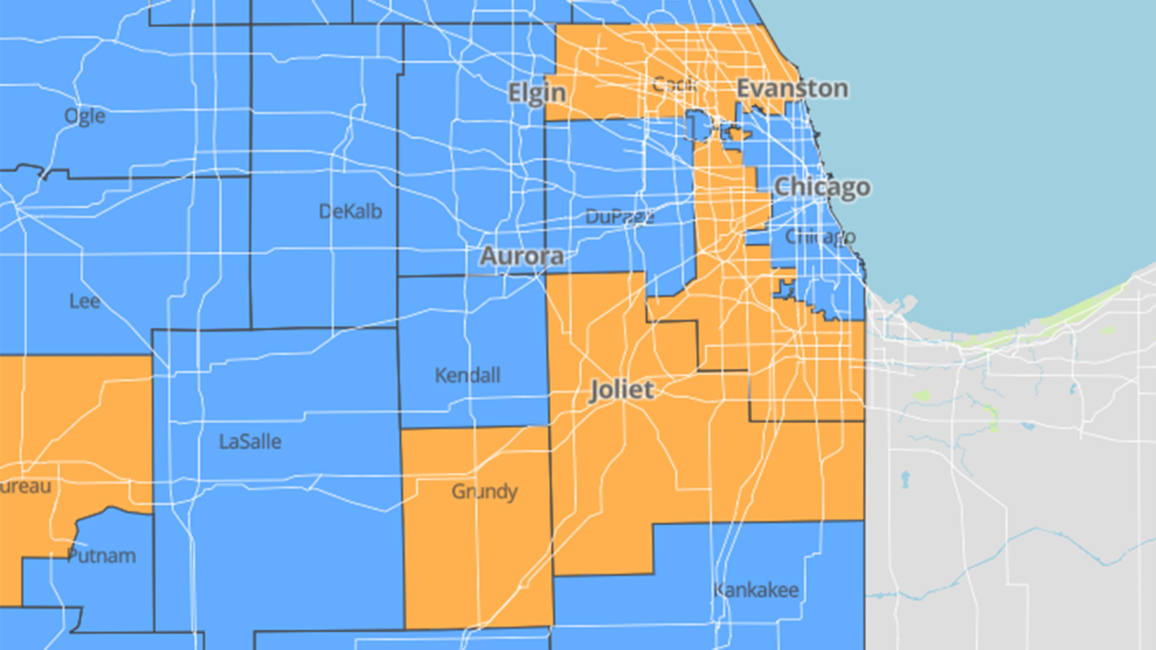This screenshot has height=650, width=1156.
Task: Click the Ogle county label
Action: coord(85,116)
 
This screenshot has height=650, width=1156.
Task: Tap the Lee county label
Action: coord(85,301)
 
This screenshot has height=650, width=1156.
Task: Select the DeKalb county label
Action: coord(350,211)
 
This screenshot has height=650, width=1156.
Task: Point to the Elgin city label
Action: coord(537,92)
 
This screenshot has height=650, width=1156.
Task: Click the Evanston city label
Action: coord(792,88)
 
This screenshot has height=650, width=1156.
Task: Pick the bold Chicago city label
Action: coord(822,187)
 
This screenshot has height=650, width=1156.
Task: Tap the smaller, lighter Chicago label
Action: coord(820,236)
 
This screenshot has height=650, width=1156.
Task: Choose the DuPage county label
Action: coord(619,217)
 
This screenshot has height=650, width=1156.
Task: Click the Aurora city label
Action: coord(522,256)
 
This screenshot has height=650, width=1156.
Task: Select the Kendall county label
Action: coord(467,375)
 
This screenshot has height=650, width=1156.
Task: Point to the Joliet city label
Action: coord(621,390)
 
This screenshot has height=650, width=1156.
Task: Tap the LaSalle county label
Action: coord(250,442)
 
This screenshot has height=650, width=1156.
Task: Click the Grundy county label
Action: coord(484,491)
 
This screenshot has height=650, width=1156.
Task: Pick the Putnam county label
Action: coord(101,556)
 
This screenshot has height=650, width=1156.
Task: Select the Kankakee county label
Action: coord(756,590)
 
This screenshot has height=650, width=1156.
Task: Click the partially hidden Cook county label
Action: coord(674,83)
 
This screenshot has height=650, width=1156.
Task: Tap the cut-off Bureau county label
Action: coord(25,486)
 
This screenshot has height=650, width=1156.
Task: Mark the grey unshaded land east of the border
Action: coord(1014,475)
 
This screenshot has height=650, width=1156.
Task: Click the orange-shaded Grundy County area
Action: coord(475,558)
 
